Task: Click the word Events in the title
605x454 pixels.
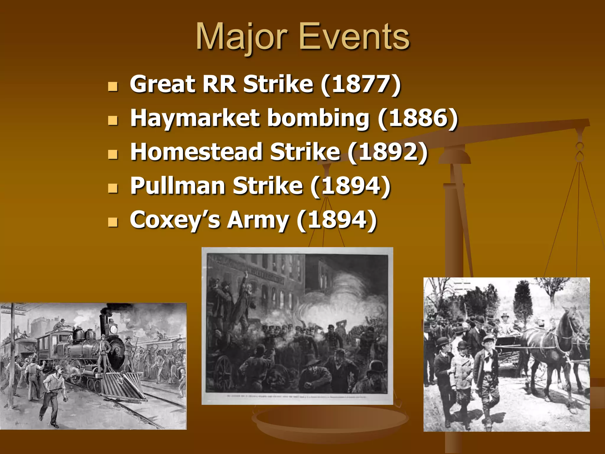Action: pos(354,37)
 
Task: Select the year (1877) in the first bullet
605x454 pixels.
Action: pos(361,85)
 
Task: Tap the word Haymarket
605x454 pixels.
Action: pos(195,118)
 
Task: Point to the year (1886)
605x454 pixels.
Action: pos(418,118)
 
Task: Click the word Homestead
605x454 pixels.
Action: pos(196,152)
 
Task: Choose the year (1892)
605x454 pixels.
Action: pos(387,152)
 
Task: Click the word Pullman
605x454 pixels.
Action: pos(178,186)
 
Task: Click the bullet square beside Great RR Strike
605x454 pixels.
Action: pos(113,87)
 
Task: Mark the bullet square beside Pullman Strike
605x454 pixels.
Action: pos(113,188)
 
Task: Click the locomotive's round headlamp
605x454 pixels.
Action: pos(113,329)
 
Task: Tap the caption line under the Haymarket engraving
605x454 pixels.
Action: pos(297,396)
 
